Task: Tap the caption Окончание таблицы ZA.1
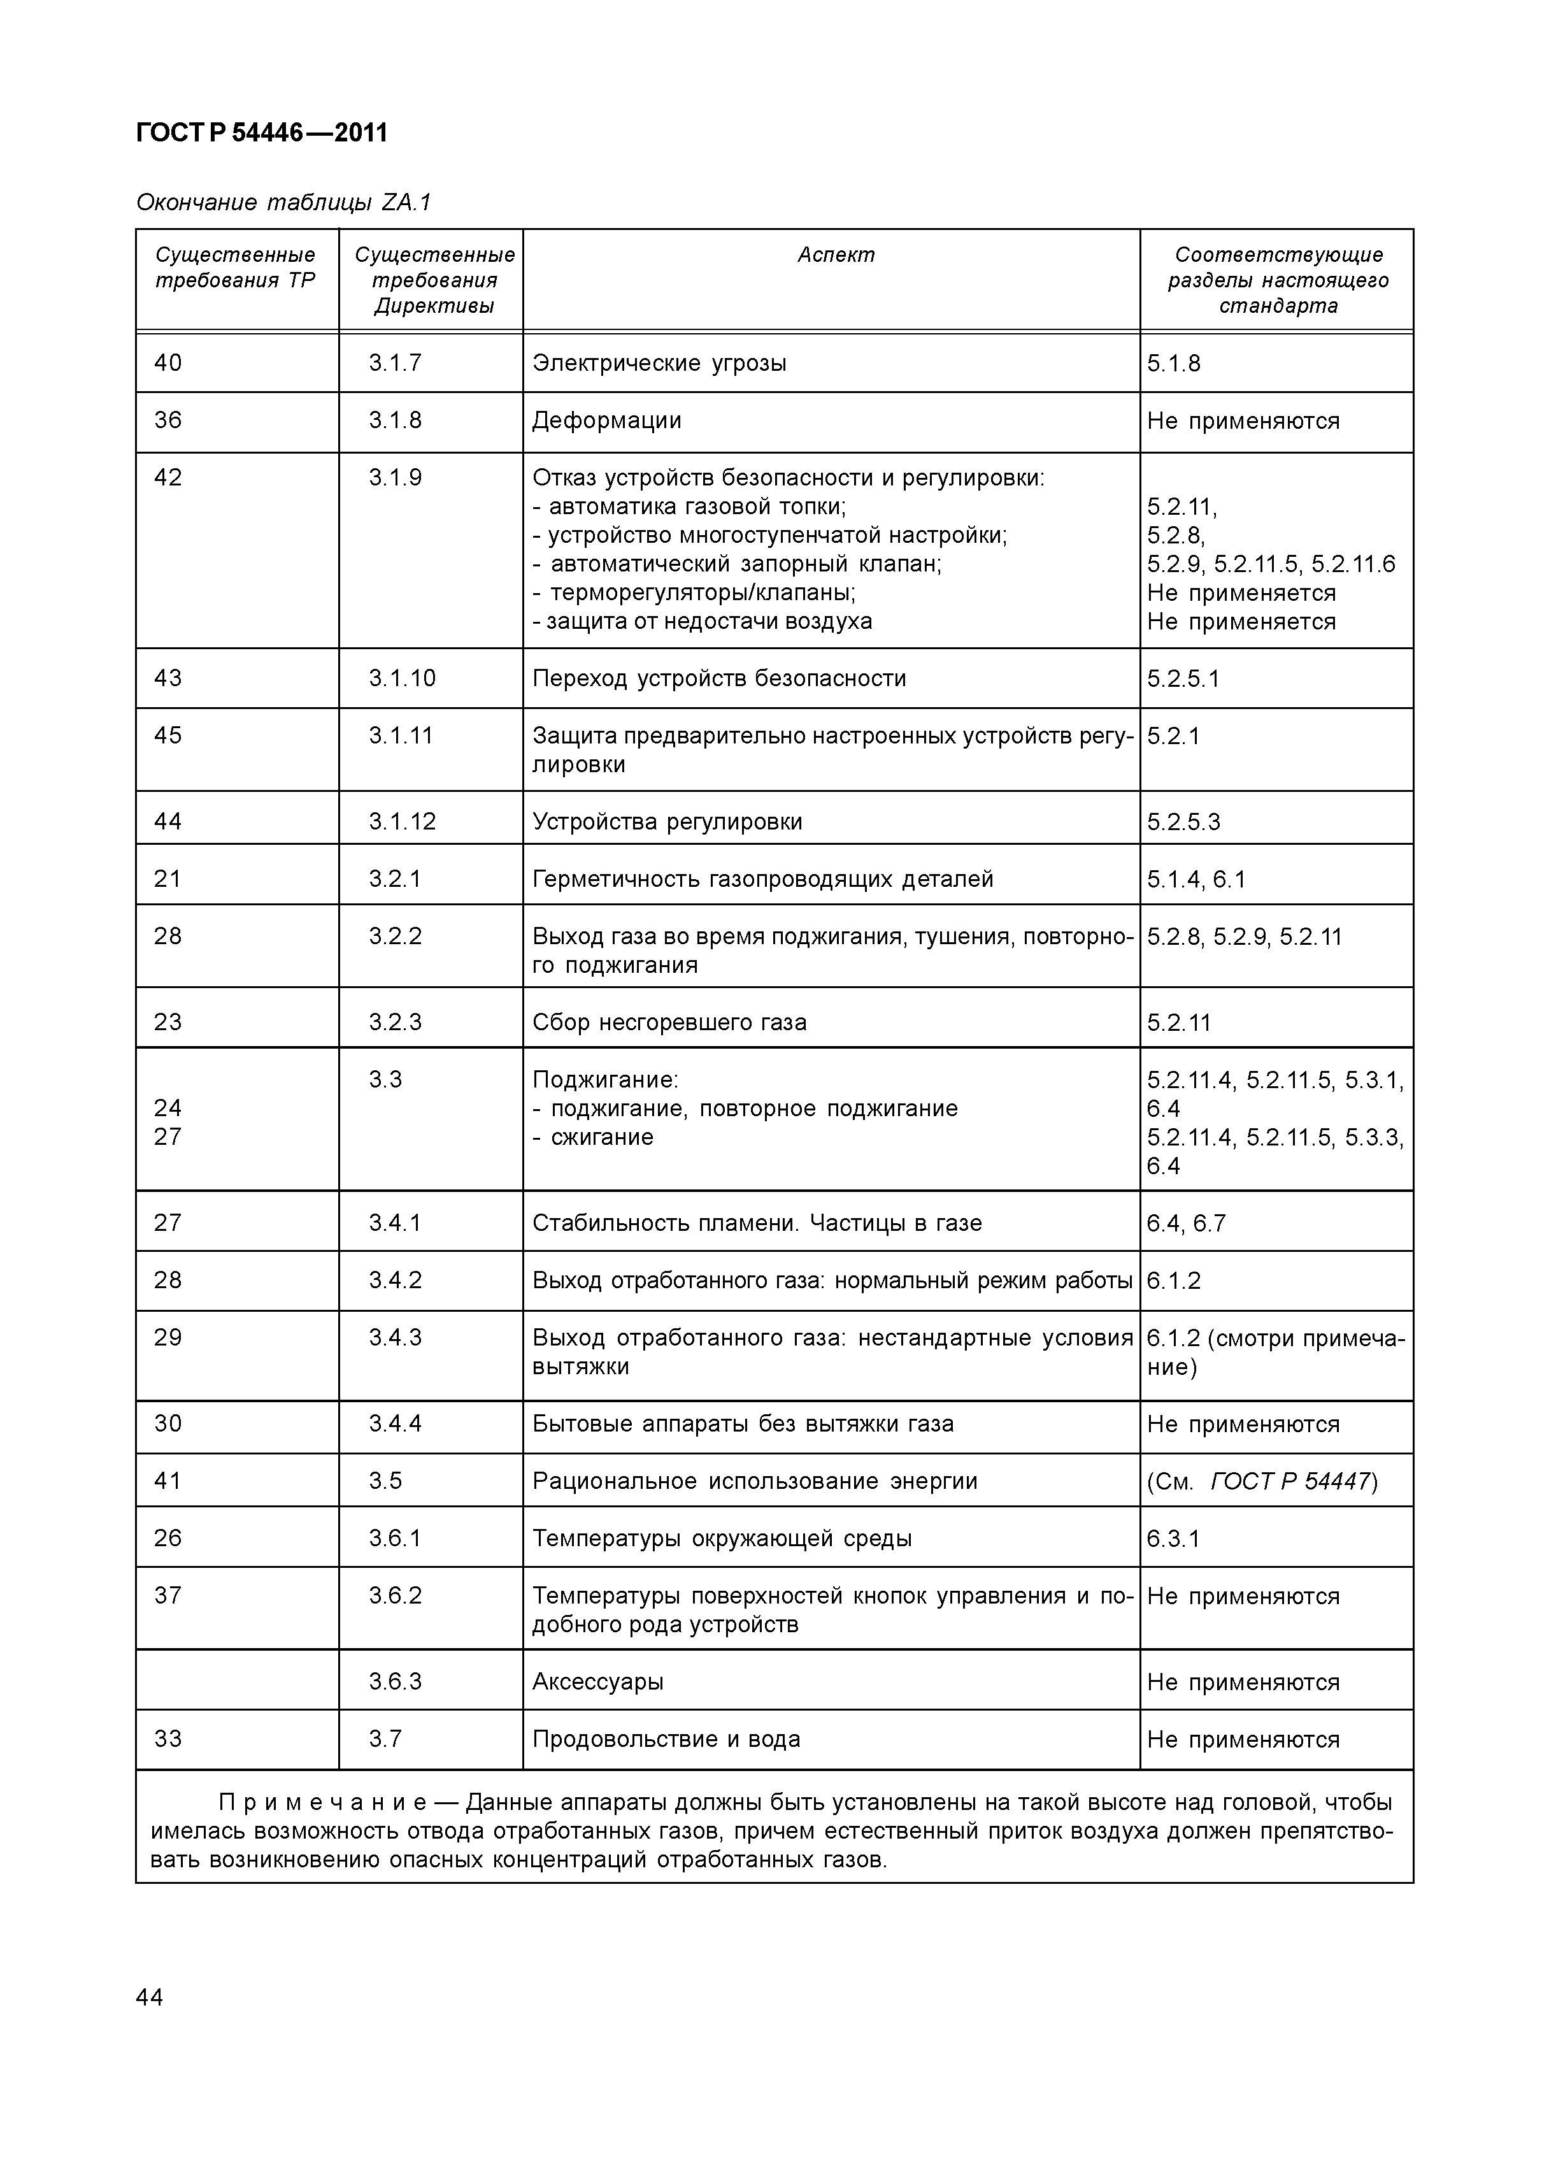(283, 203)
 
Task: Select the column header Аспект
(835, 255)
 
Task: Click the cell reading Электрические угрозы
(659, 363)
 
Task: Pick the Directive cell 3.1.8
(396, 420)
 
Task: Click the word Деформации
(606, 420)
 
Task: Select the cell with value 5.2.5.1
(1183, 678)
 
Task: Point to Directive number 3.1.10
(402, 678)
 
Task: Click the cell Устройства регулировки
(667, 821)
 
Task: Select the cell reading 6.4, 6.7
(1186, 1223)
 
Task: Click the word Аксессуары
(597, 1681)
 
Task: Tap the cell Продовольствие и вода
(666, 1739)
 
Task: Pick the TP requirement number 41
(168, 1481)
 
